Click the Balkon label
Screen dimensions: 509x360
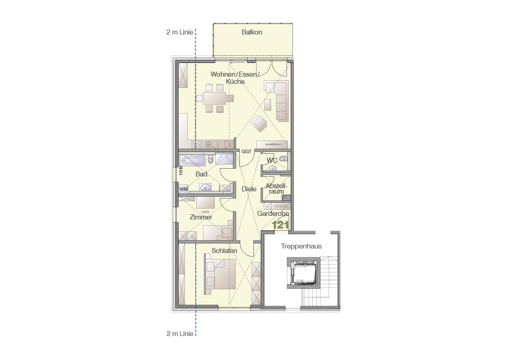252,32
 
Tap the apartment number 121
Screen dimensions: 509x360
280,224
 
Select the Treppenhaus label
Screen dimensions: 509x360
301,246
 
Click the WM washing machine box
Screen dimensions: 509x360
184,189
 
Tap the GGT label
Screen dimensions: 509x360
247,151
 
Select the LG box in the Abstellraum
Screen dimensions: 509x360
286,198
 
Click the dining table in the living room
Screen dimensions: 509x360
214,98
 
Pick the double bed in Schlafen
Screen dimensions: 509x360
220,274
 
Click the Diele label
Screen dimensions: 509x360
249,189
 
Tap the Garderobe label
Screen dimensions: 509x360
273,214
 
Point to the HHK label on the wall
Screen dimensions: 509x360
181,170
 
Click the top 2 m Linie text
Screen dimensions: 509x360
180,32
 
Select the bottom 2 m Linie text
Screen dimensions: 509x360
180,334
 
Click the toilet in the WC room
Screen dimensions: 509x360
283,159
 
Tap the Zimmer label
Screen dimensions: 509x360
201,217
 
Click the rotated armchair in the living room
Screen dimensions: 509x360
259,123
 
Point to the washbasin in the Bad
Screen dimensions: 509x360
205,188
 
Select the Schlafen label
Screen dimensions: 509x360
224,251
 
